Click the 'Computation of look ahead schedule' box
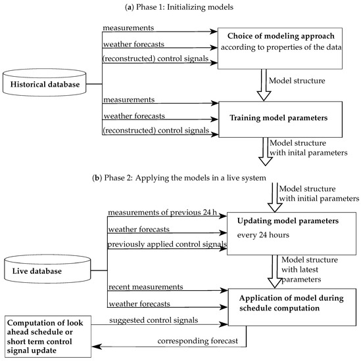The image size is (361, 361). pos(48,337)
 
